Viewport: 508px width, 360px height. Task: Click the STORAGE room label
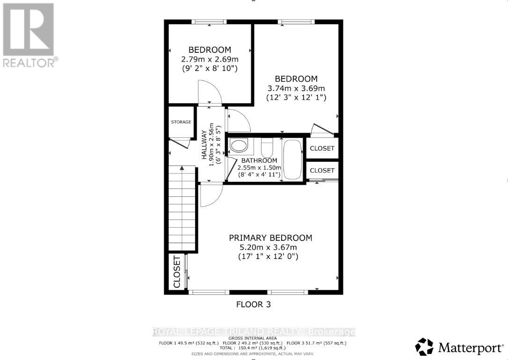click(x=181, y=122)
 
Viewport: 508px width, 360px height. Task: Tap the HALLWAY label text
click(x=204, y=145)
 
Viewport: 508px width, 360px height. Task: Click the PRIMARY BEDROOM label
click(x=270, y=238)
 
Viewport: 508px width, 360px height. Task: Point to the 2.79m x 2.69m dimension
click(x=210, y=59)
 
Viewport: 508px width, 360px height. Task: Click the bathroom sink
click(x=239, y=146)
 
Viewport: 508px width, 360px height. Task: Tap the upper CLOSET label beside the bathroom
click(x=322, y=148)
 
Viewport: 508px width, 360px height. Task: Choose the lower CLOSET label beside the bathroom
click(x=322, y=171)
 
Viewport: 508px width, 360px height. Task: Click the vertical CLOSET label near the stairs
click(x=177, y=272)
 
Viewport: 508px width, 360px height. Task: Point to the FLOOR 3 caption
click(x=253, y=304)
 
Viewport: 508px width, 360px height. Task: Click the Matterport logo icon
click(x=424, y=347)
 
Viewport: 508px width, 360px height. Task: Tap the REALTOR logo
click(x=29, y=35)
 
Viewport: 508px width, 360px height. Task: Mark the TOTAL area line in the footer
click(x=253, y=348)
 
